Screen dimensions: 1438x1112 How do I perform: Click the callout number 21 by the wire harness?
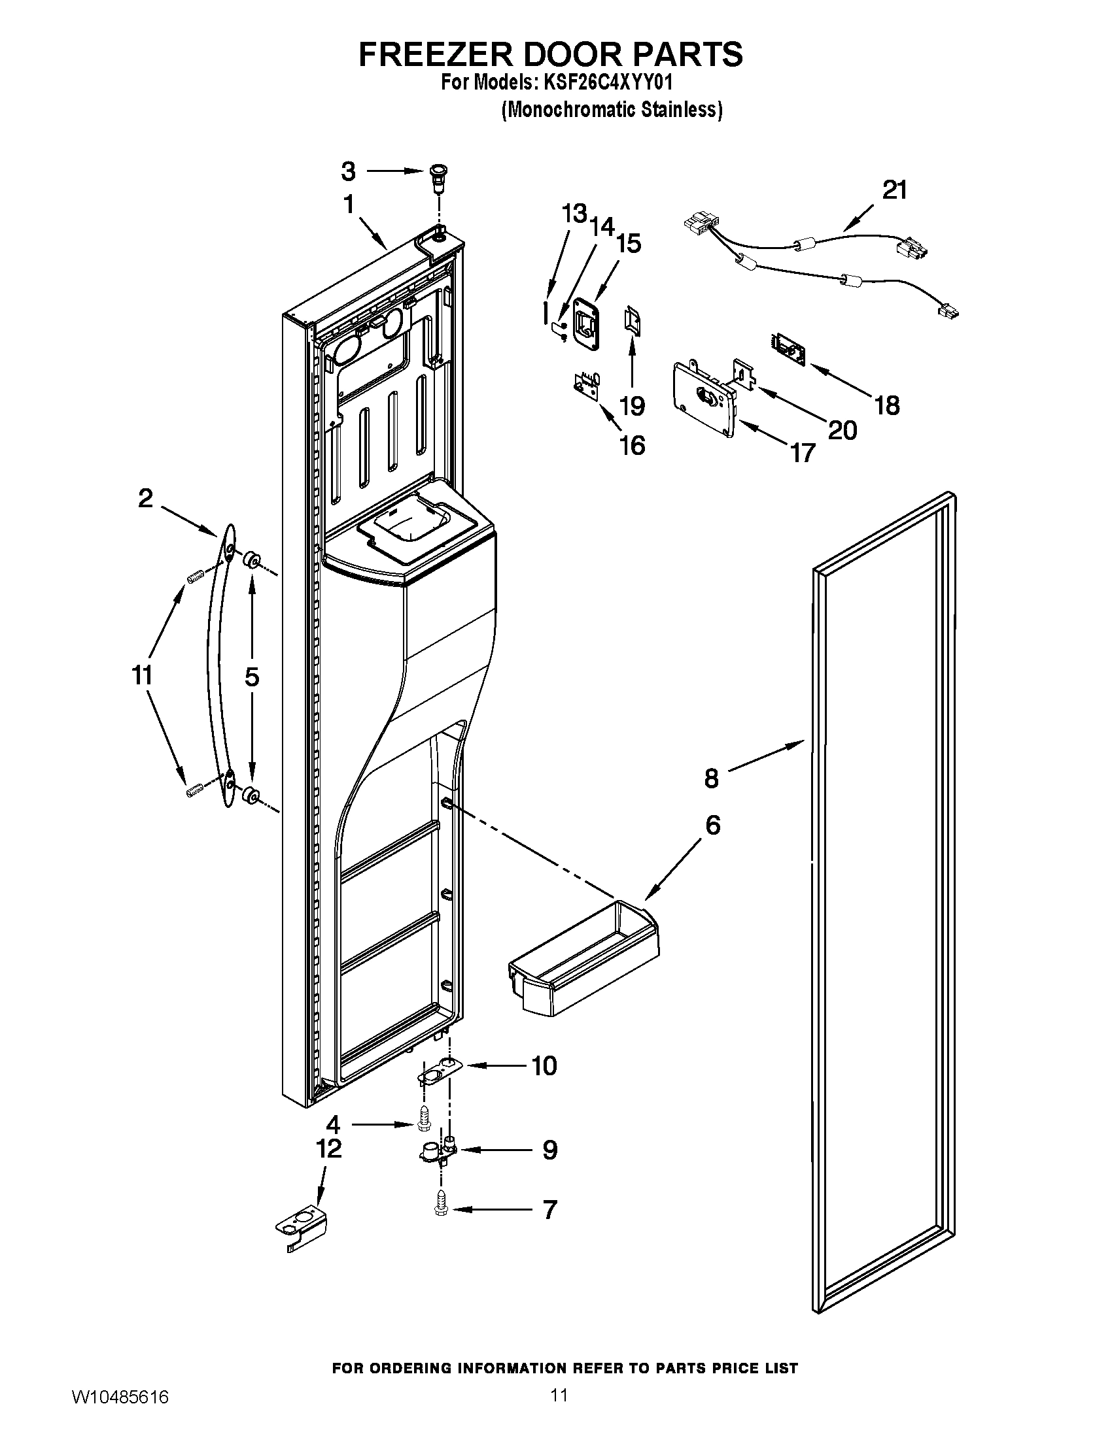coord(894,190)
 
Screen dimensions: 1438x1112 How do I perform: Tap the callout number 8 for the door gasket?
coord(712,778)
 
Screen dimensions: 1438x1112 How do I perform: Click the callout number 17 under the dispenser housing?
coord(803,453)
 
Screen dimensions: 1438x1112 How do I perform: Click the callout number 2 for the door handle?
coord(145,498)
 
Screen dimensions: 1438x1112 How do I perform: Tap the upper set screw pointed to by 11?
coord(194,578)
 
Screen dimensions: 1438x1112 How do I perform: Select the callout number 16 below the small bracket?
coord(633,446)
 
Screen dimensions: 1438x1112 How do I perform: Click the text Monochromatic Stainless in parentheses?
coord(612,109)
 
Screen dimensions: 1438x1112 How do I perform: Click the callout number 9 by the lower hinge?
coord(549,1150)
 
